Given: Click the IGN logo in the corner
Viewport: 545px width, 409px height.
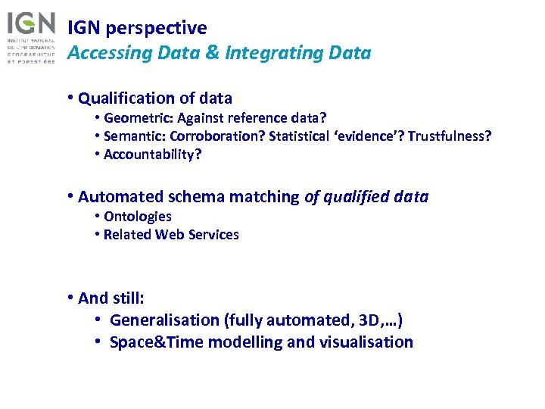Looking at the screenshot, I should pos(31,36).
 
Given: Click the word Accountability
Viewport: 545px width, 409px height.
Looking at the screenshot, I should pos(152,155).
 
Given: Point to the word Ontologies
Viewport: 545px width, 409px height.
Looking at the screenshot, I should pos(137,217).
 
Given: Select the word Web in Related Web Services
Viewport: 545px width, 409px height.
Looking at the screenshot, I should pos(171,235).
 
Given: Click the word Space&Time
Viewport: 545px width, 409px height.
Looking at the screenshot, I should pos(156,342).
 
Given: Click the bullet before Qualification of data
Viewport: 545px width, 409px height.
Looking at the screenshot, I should pos(70,98).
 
